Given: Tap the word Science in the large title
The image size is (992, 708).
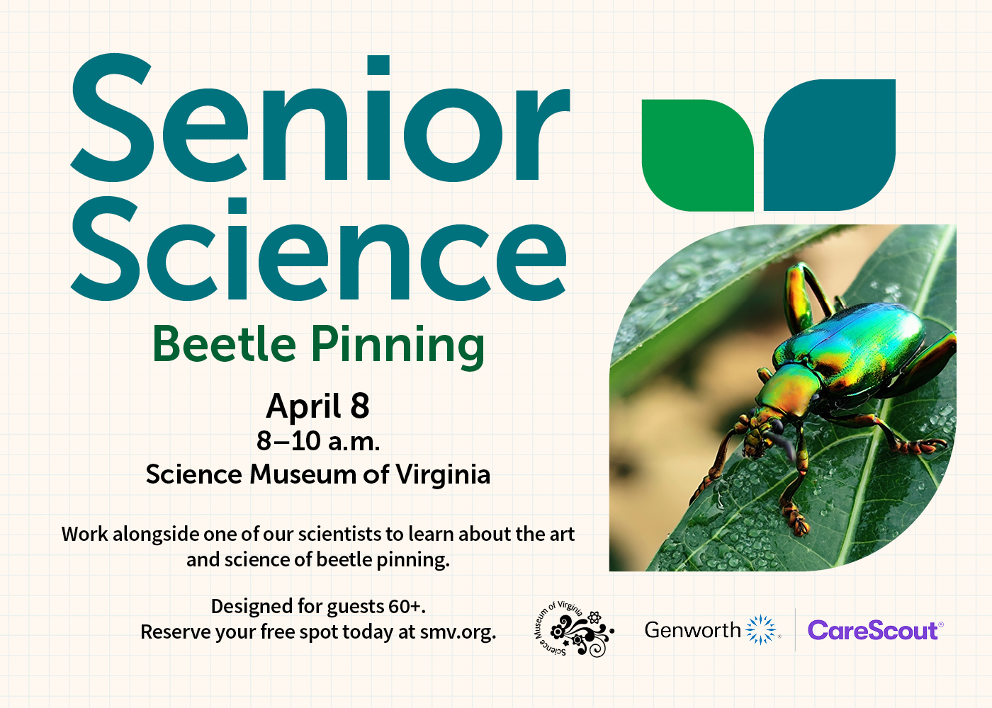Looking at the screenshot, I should click(x=319, y=251).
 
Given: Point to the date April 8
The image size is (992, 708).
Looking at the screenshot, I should click(x=318, y=406).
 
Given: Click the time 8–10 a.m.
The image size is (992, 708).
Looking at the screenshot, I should click(x=318, y=441).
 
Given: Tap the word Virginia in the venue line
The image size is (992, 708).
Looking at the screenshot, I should click(x=443, y=474).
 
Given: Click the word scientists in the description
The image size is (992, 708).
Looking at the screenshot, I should click(x=340, y=534).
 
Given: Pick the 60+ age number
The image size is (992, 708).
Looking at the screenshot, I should click(x=405, y=607).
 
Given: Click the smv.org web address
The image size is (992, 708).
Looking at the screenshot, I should click(x=457, y=632).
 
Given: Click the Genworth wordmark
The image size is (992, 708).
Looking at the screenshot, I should click(x=692, y=629).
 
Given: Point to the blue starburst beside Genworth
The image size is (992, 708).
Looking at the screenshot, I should click(x=762, y=629).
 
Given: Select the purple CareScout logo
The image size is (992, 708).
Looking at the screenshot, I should click(x=874, y=630).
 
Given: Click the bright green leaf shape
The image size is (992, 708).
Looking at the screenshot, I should click(x=697, y=156).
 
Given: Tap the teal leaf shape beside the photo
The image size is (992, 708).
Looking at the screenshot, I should click(x=829, y=145).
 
